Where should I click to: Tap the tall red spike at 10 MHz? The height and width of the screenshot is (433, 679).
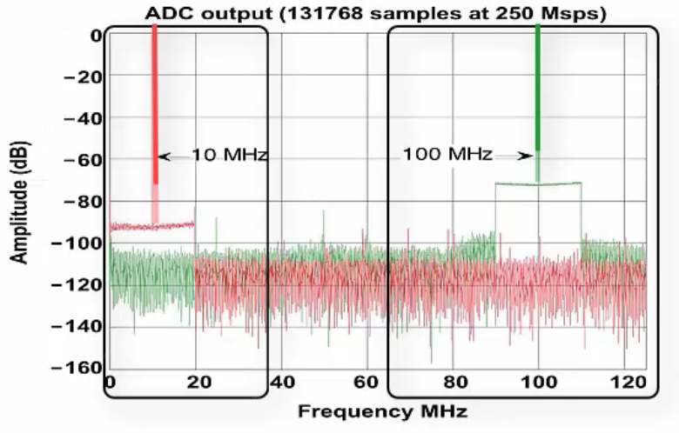pos(155,104)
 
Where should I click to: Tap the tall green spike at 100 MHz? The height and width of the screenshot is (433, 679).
pos(538,87)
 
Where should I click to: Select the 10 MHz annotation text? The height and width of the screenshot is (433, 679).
pos(229,156)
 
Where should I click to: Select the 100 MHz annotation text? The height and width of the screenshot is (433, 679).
pos(447,156)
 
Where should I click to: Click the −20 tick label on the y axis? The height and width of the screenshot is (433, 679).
pos(81,77)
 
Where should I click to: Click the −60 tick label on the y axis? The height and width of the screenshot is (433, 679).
pos(81,160)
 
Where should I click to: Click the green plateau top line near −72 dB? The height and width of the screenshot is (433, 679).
pos(557,183)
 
